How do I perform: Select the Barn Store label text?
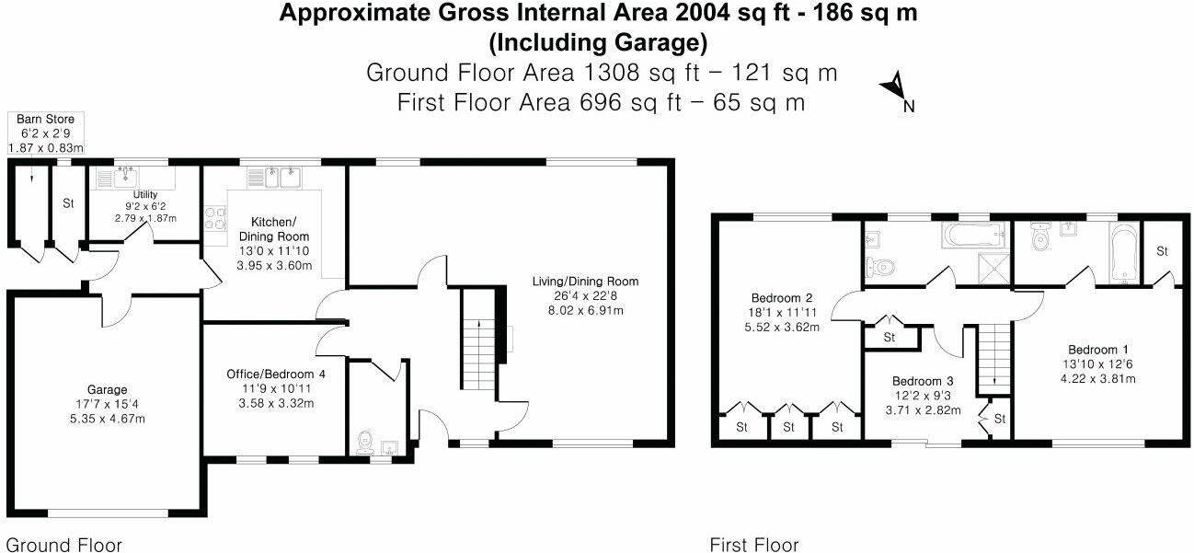coord(45,120)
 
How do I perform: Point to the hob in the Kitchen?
coord(214,219)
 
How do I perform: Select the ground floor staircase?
coord(476,345)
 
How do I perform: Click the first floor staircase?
coord(993,357)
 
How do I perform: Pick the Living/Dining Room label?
coord(585,282)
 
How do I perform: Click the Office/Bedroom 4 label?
coord(275,374)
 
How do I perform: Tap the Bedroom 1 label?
coord(1098,350)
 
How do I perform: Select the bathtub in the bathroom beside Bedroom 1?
coord(1122,255)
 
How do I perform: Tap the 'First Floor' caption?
coord(754,544)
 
